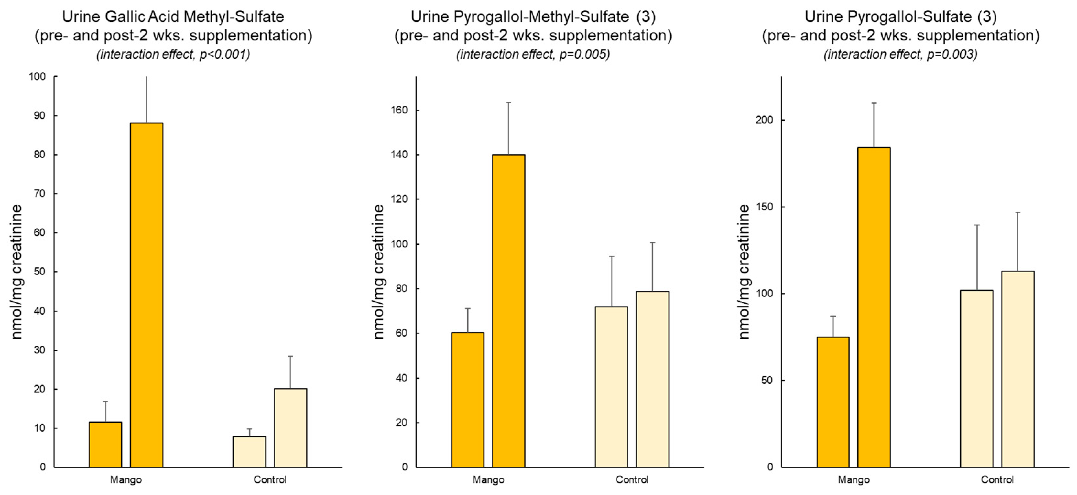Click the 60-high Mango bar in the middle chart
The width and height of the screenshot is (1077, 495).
[x=467, y=400]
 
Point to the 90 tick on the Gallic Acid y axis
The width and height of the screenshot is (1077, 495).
[x=39, y=116]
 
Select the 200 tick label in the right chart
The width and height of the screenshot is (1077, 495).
[x=764, y=120]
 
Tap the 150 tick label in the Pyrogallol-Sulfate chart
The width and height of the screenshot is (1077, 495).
[x=764, y=207]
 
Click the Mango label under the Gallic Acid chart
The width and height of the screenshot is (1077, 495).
[x=126, y=479]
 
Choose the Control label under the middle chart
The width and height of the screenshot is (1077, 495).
[x=632, y=479]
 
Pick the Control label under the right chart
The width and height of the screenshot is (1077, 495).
[x=997, y=479]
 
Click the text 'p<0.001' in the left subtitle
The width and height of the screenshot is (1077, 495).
[x=224, y=54]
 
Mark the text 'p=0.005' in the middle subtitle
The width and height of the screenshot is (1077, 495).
[x=584, y=54]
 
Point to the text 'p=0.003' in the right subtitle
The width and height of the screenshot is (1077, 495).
[x=952, y=54]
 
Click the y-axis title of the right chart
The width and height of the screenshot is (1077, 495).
[x=744, y=272]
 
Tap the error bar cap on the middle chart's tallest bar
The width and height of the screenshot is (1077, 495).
[x=508, y=102]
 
